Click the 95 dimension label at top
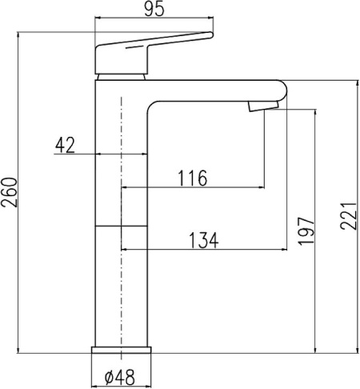[154, 10]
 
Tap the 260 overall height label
[10, 192]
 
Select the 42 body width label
[65, 146]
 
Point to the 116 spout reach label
[192, 178]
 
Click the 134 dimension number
[204, 240]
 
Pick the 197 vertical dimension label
[306, 231]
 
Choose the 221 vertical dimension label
[348, 216]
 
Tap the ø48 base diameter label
[120, 377]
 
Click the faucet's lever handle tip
[211, 34]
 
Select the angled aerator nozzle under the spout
[263, 106]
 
